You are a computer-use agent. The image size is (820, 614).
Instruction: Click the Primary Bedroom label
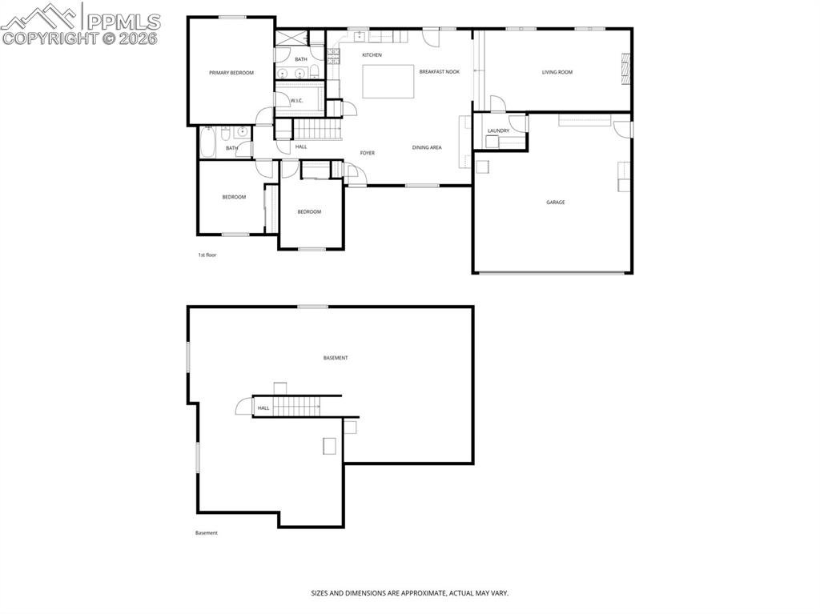pyautogui.click(x=231, y=73)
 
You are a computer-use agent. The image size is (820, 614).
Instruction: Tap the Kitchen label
pyautogui.click(x=372, y=55)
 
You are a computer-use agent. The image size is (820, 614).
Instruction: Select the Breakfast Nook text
pyautogui.click(x=439, y=72)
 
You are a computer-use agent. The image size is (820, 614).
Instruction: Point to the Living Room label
pyautogui.click(x=557, y=73)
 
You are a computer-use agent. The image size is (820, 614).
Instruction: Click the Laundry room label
pyautogui.click(x=498, y=130)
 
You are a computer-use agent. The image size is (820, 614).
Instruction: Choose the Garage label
pyautogui.click(x=556, y=203)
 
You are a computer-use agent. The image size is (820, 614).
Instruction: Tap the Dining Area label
pyautogui.click(x=427, y=147)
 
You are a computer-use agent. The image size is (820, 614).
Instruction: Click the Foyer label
pyautogui.click(x=367, y=153)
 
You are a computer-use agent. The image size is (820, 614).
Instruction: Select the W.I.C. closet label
pyautogui.click(x=296, y=100)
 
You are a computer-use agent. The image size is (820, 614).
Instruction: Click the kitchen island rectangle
pyautogui.click(x=388, y=82)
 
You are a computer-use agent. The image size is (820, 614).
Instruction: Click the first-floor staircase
pyautogui.click(x=318, y=128)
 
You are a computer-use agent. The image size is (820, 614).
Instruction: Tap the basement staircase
pyautogui.click(x=297, y=406)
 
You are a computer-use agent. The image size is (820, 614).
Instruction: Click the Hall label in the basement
pyautogui.click(x=263, y=408)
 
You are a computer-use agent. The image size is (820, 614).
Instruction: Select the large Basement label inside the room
pyautogui.click(x=336, y=358)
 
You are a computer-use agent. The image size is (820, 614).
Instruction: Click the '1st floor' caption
pyautogui.click(x=207, y=255)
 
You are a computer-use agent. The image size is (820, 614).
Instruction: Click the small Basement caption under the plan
pyautogui.click(x=206, y=533)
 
